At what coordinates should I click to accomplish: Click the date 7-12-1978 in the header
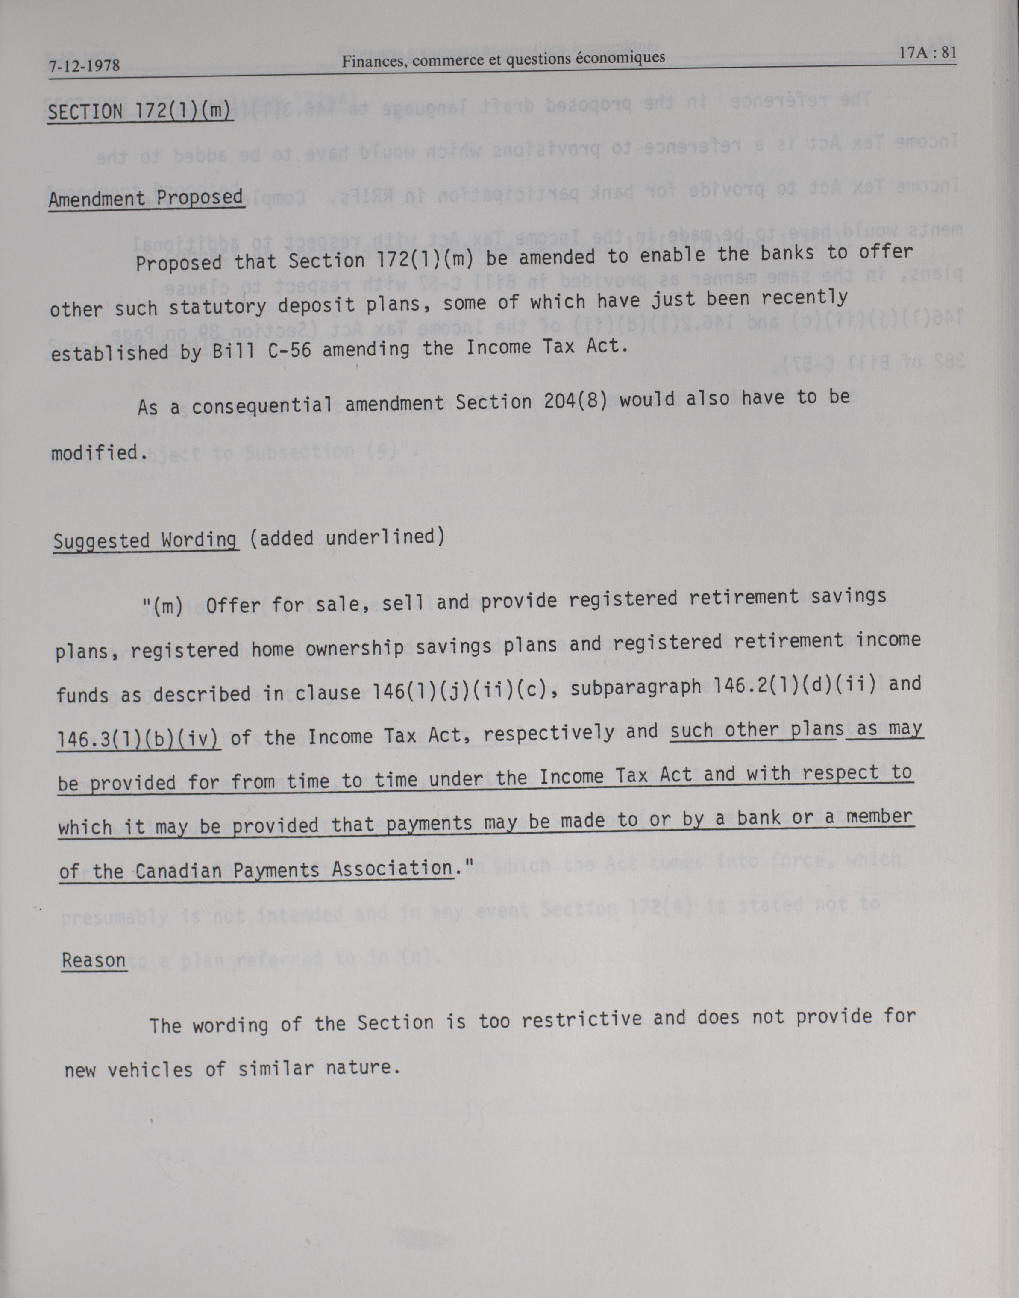[84, 65]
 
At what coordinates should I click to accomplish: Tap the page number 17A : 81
[927, 53]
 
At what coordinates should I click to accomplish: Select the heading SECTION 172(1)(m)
[140, 111]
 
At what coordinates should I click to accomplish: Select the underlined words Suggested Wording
[145, 541]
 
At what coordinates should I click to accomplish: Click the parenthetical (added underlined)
[347, 537]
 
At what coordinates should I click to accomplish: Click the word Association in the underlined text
[391, 869]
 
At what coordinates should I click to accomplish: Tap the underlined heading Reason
[94, 961]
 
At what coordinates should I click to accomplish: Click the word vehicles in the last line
[150, 1069]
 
